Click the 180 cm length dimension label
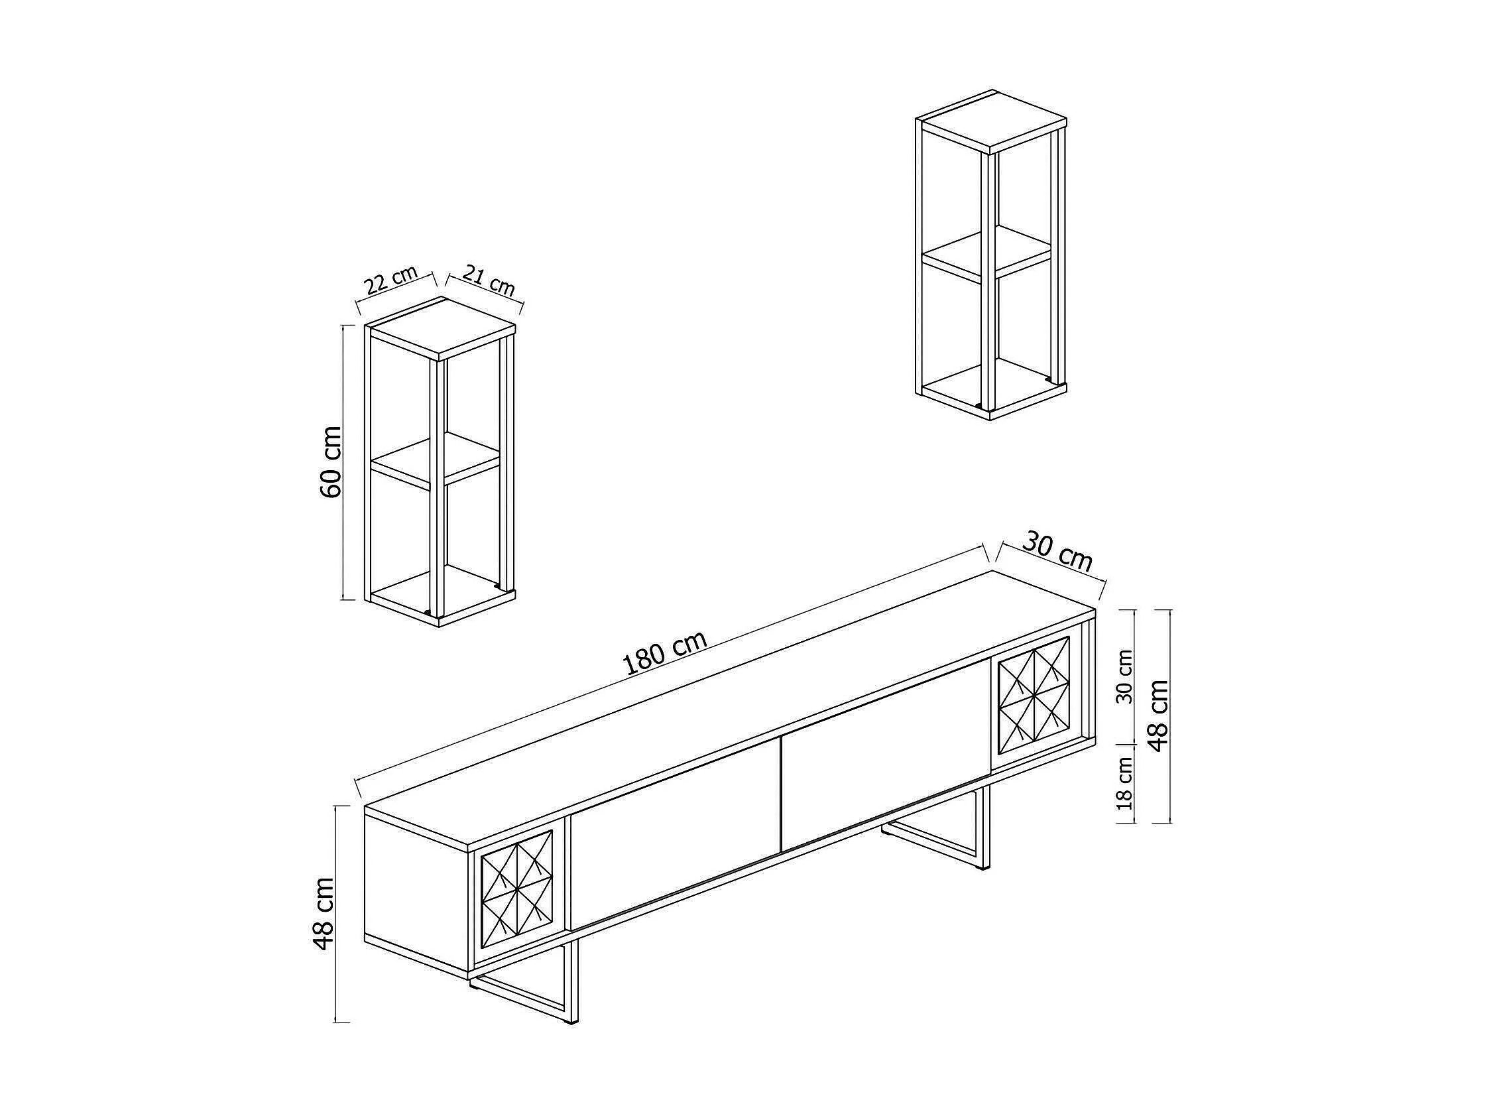[x=665, y=652]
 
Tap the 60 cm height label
[x=330, y=462]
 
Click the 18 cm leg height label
[x=1125, y=783]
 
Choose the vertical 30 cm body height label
[x=1124, y=676]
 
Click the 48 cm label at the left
[x=324, y=913]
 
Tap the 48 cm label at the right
[x=1159, y=715]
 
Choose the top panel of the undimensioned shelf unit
[x=992, y=121]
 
